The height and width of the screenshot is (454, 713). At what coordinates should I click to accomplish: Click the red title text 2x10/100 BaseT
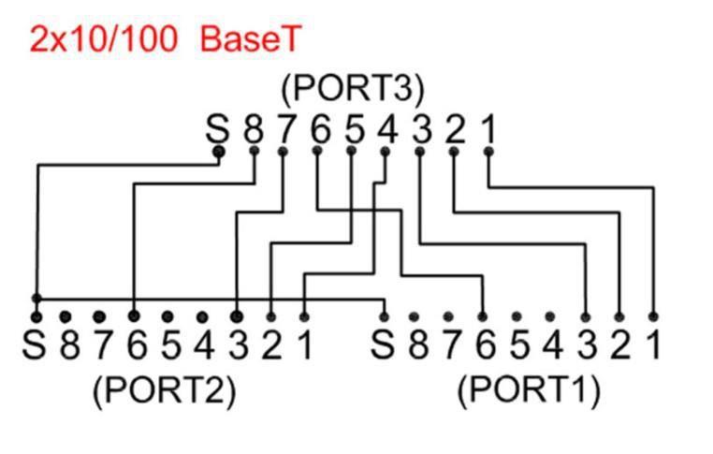[x=166, y=39]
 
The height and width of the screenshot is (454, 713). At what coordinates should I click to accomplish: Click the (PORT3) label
[x=353, y=89]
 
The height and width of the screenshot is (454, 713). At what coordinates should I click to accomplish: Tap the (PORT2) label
[x=164, y=390]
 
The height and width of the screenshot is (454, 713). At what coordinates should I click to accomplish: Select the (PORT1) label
[x=529, y=390]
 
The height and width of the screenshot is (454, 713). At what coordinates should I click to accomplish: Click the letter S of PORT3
[x=217, y=128]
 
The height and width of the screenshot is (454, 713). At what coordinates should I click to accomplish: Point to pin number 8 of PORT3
[x=253, y=128]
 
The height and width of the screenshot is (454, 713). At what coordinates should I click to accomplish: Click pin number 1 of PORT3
[x=487, y=128]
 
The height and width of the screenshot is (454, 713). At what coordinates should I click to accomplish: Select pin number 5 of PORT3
[x=354, y=128]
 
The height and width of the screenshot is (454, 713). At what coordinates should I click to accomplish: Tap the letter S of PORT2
[x=35, y=345]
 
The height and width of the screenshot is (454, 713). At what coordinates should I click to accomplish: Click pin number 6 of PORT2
[x=136, y=345]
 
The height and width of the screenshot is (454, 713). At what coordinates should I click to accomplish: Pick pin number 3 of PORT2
[x=238, y=345]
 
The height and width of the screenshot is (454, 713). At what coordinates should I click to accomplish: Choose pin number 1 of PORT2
[x=304, y=345]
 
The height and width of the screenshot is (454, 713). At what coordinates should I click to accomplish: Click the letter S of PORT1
[x=382, y=345]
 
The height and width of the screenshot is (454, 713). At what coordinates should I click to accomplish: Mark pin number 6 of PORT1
[x=484, y=345]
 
